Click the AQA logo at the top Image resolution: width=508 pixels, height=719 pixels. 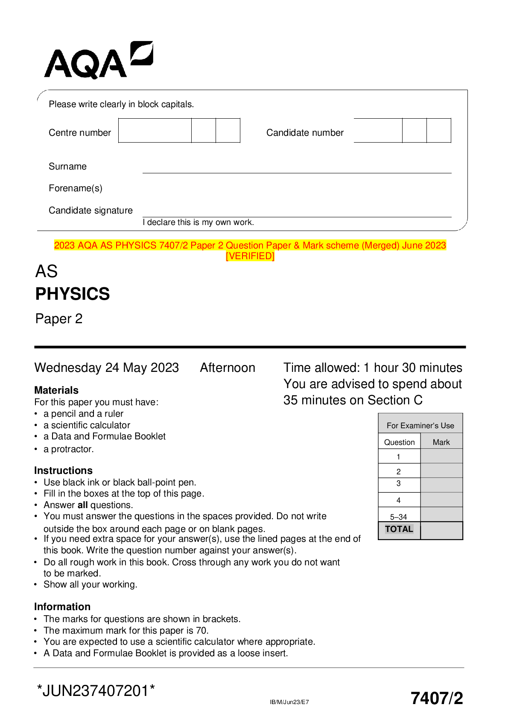pos(98,61)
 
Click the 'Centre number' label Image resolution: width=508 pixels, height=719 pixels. pos(80,133)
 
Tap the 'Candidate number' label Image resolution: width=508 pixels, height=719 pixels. pos(305,133)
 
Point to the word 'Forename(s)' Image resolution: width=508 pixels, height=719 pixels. pos(76,188)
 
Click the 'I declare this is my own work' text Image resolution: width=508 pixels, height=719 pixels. pos(199,222)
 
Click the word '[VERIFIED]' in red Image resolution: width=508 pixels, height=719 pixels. pos(250,256)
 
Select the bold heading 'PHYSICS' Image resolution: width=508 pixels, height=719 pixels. pos(73,294)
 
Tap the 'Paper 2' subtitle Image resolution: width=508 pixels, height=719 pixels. pos(59,319)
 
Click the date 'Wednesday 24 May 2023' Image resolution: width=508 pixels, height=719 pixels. pos(107,368)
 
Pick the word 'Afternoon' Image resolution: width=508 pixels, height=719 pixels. pos(228,368)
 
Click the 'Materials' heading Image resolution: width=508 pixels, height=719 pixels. pos(56,390)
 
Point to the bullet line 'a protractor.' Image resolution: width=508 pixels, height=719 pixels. pos(68,449)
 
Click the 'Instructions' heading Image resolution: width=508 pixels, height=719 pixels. pos(63,471)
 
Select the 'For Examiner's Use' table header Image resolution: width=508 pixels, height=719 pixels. pos(420,425)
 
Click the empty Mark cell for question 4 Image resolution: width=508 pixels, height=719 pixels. pos(441,500)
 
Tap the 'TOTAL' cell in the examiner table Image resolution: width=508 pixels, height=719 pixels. pos(399,529)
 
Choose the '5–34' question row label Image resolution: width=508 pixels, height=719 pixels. pos(398,517)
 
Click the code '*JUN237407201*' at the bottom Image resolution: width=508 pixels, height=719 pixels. pos(96,691)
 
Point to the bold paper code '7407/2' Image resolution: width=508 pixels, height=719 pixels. pos(436,699)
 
